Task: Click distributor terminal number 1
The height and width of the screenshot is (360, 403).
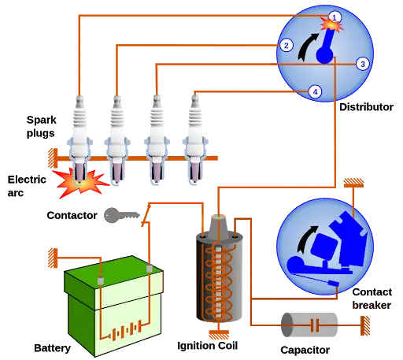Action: point(335,17)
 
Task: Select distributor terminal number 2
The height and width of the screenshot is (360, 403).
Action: point(287,46)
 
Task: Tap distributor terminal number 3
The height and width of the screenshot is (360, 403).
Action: point(363,64)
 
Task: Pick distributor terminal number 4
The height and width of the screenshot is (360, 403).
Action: point(315,92)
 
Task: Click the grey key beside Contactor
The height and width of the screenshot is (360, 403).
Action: point(121,215)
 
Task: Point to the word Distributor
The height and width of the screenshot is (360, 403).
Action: point(366,107)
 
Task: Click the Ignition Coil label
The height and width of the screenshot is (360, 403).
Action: point(208,346)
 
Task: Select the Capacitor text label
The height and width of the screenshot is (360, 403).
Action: point(305,350)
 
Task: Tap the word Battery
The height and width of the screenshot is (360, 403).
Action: point(53,348)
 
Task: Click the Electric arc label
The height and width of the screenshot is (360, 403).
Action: point(27,186)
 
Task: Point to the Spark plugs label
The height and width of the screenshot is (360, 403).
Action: point(41,126)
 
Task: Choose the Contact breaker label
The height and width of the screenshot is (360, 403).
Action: point(372,299)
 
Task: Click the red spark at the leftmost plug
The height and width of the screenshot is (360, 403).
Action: point(81,183)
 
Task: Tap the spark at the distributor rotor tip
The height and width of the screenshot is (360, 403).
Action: point(332,25)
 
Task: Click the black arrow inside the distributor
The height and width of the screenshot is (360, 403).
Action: point(308,46)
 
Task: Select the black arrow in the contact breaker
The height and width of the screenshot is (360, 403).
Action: point(306,239)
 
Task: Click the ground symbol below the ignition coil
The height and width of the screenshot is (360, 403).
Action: point(219,335)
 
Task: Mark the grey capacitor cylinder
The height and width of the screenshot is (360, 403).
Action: point(309,325)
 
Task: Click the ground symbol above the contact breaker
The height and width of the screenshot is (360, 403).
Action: point(353,183)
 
